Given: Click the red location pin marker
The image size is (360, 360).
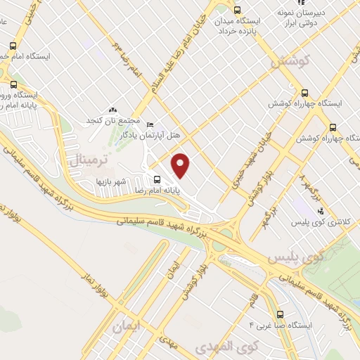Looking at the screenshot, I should coord(181,165).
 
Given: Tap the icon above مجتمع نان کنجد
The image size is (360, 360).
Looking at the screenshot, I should coord(113,110).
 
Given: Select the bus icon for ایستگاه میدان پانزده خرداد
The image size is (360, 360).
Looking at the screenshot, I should coord(236,11).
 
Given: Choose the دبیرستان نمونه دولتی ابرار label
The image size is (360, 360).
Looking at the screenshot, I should coord(305,19).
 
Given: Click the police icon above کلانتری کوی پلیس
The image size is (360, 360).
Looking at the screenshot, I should coord(320,211).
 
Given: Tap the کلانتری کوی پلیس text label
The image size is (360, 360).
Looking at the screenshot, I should coord(319,222).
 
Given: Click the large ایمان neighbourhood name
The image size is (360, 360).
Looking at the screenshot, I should coord(127,326).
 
